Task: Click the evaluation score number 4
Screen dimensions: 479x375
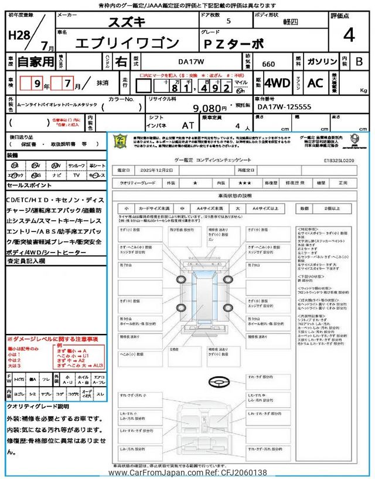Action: (349, 36)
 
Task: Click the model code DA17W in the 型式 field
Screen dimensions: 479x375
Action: (196, 60)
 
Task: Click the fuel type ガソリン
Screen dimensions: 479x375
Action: (323, 61)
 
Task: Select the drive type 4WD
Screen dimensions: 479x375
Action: (277, 83)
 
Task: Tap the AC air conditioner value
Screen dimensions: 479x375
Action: (315, 83)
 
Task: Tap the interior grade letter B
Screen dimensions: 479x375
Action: (359, 61)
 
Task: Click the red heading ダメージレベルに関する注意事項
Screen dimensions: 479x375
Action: (52, 339)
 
